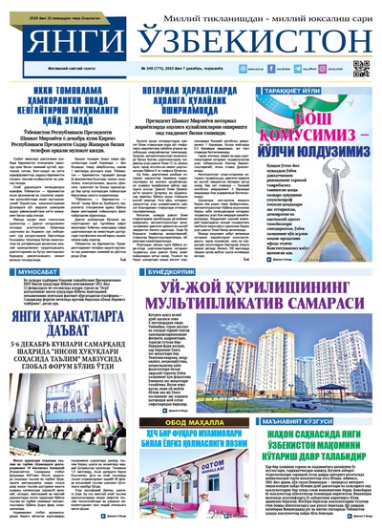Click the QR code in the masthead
(360, 69)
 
